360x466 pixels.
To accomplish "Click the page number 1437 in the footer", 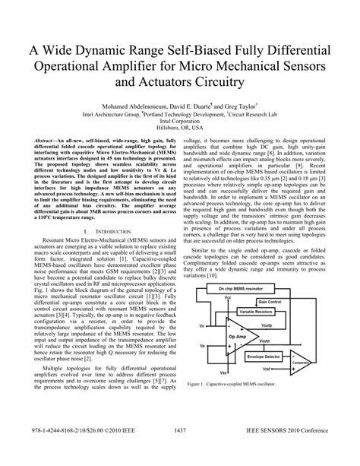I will [180, 453].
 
